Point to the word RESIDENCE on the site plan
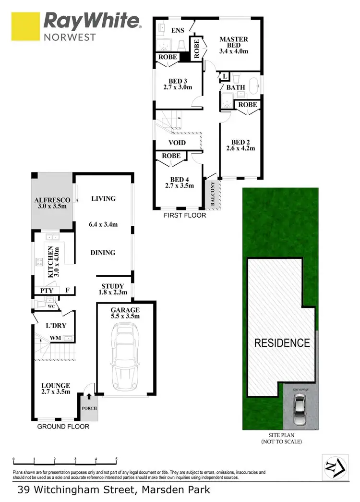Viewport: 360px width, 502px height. (x=282, y=343)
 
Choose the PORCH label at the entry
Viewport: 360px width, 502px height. (x=89, y=408)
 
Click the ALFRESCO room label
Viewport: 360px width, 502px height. (x=52, y=200)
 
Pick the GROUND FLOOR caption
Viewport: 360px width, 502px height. (x=64, y=426)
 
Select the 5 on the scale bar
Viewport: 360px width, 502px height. (x=116, y=459)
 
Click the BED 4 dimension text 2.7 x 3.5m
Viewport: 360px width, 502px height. (x=179, y=185)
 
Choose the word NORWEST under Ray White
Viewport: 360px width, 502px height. (x=70, y=37)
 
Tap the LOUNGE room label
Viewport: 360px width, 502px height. (x=56, y=385)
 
